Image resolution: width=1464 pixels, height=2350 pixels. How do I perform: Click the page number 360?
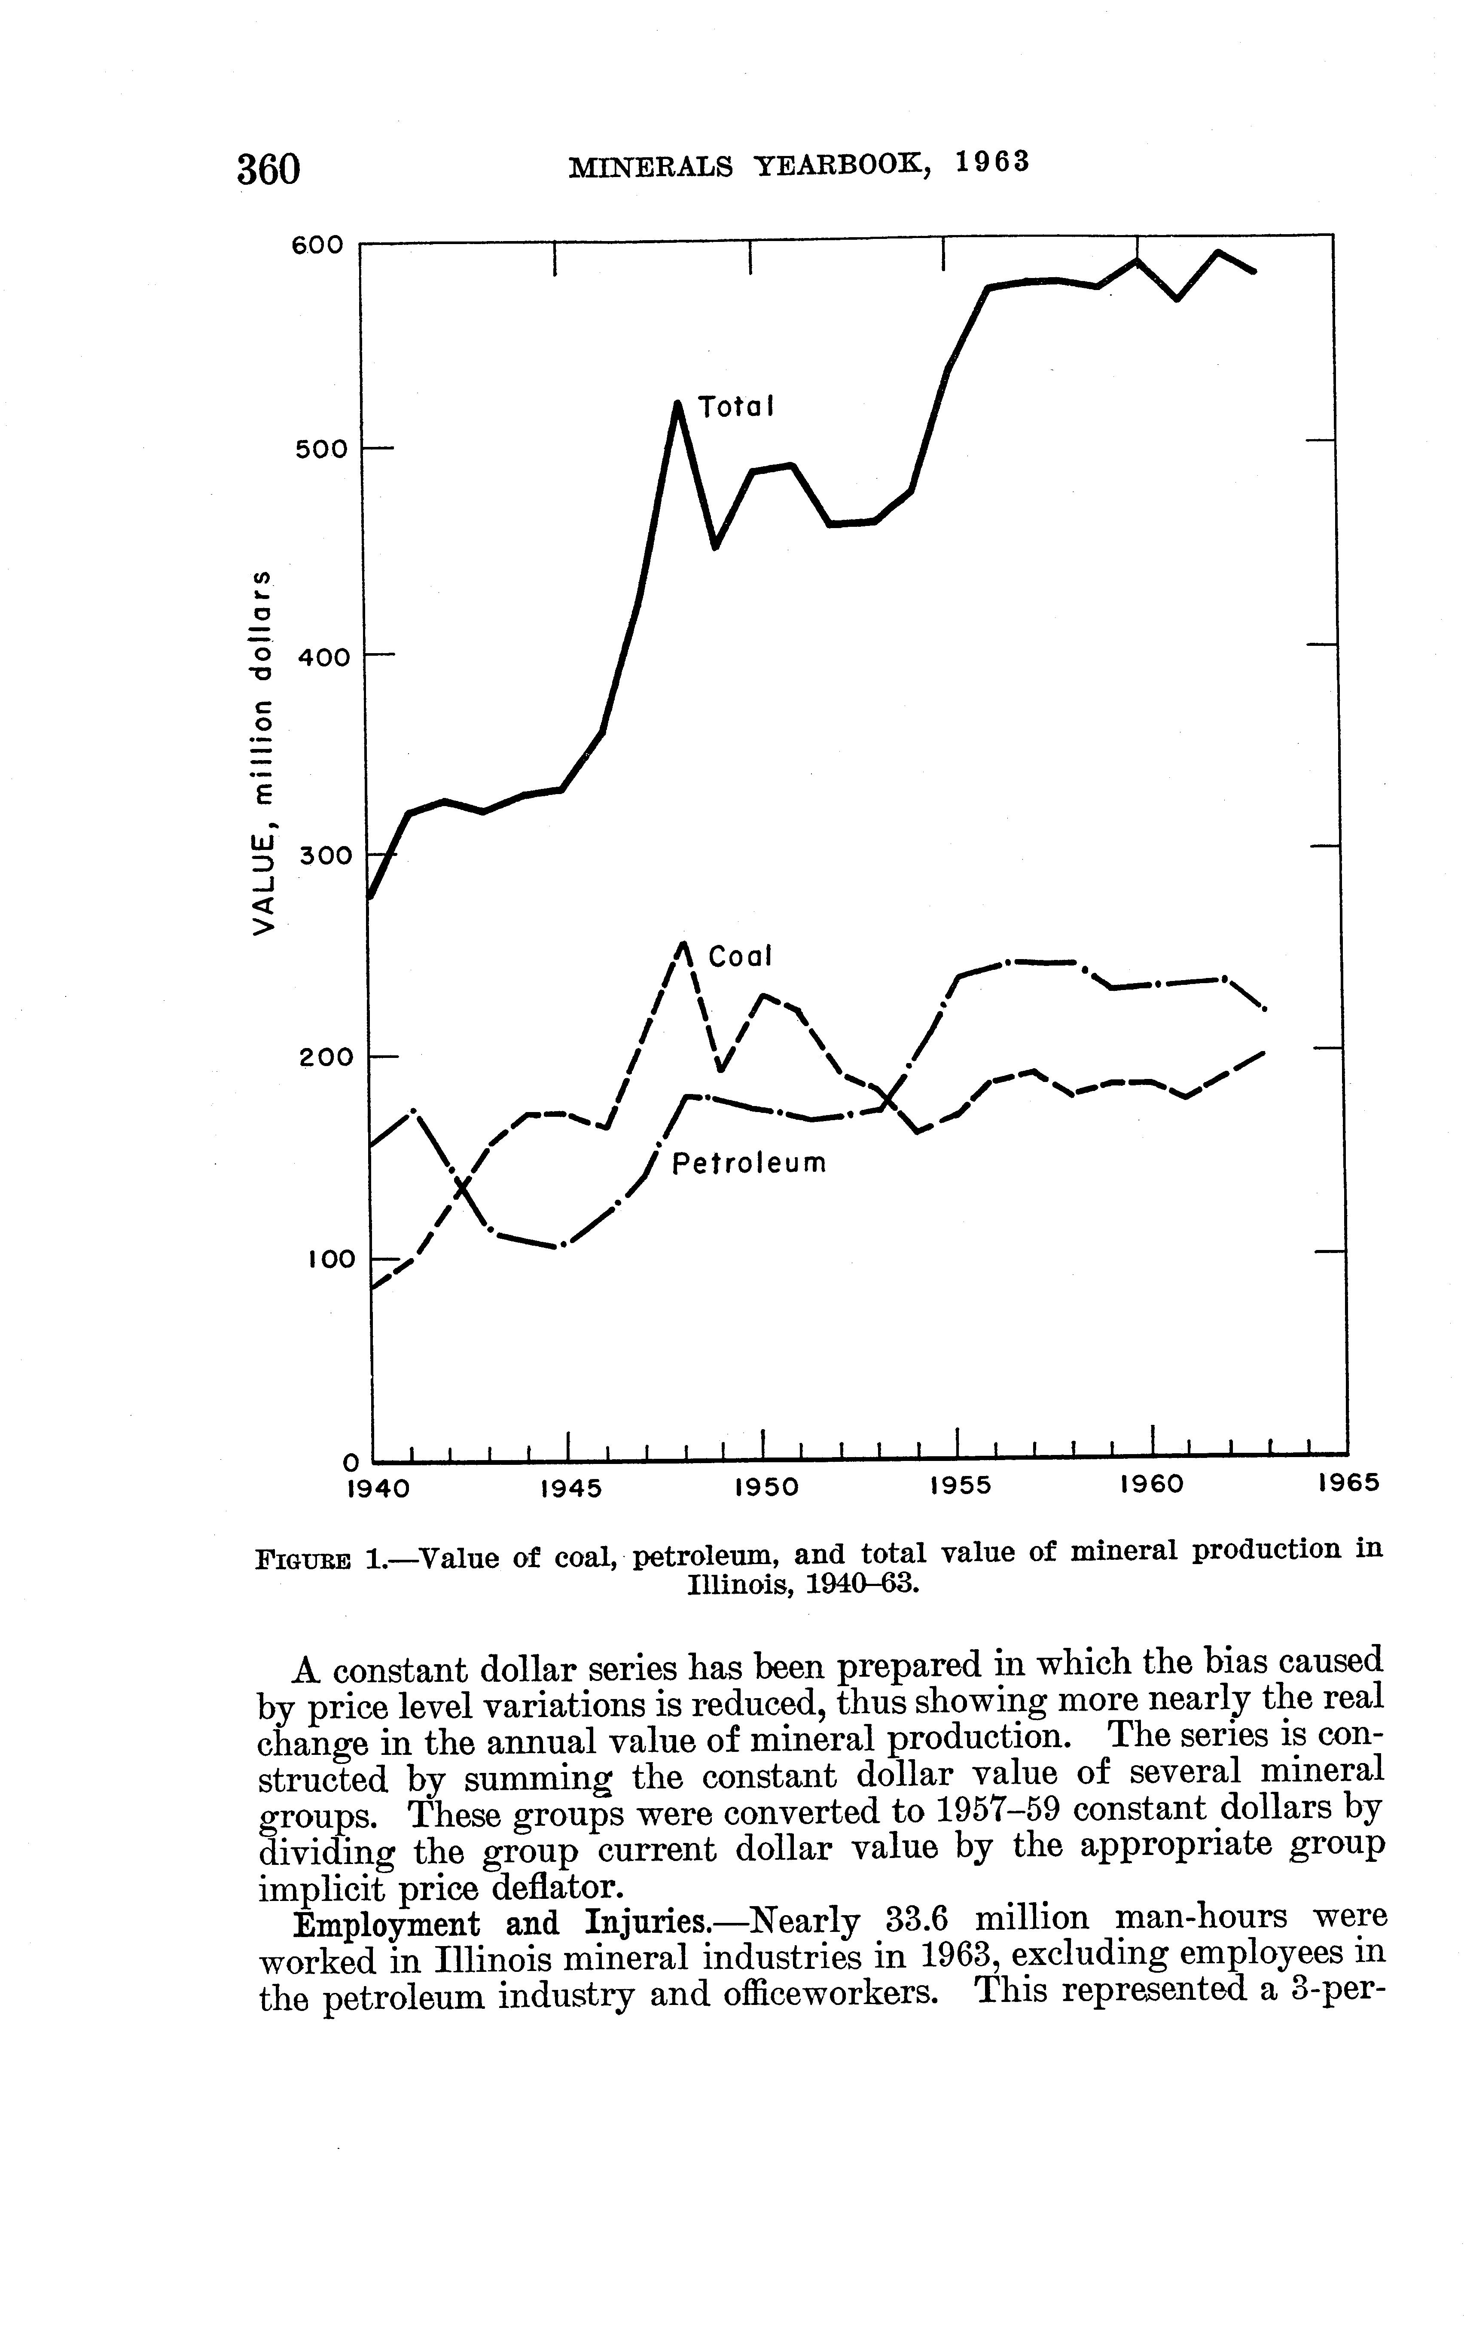[269, 168]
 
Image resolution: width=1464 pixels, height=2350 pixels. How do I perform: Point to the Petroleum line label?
[750, 1163]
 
